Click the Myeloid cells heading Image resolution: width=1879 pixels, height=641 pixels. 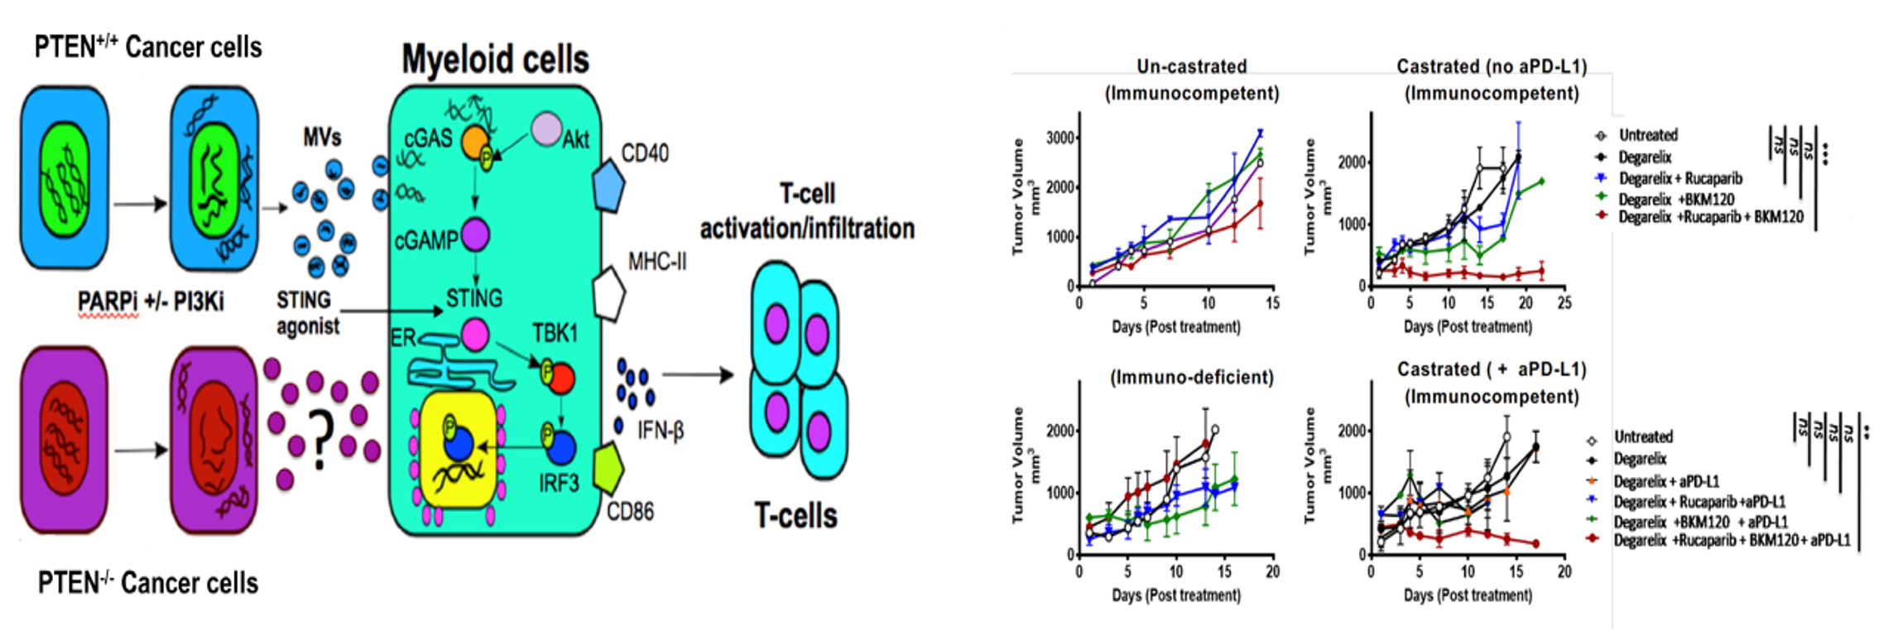click(x=495, y=60)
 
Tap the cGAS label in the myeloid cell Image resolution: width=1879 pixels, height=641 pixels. click(x=427, y=137)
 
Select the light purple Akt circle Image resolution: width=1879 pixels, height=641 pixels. click(x=546, y=129)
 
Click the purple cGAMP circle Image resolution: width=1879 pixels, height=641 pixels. click(x=475, y=234)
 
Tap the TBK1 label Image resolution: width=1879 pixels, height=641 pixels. click(x=554, y=334)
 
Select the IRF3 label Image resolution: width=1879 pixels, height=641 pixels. click(x=559, y=483)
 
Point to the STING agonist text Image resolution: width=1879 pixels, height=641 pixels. click(x=307, y=312)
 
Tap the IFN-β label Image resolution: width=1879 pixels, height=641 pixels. click(x=661, y=430)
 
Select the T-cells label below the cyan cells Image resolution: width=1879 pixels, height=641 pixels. click(x=795, y=515)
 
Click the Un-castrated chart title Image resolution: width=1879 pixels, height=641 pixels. click(x=1191, y=66)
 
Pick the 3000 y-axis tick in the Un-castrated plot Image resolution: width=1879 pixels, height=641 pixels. click(x=1060, y=137)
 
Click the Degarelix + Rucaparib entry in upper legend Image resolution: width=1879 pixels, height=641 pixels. click(x=1680, y=178)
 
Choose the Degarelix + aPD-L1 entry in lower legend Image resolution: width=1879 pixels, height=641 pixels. click(x=1665, y=481)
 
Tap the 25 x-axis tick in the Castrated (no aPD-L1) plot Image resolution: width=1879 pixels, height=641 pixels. click(x=1564, y=303)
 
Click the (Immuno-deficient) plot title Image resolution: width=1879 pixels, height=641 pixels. click(x=1191, y=378)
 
